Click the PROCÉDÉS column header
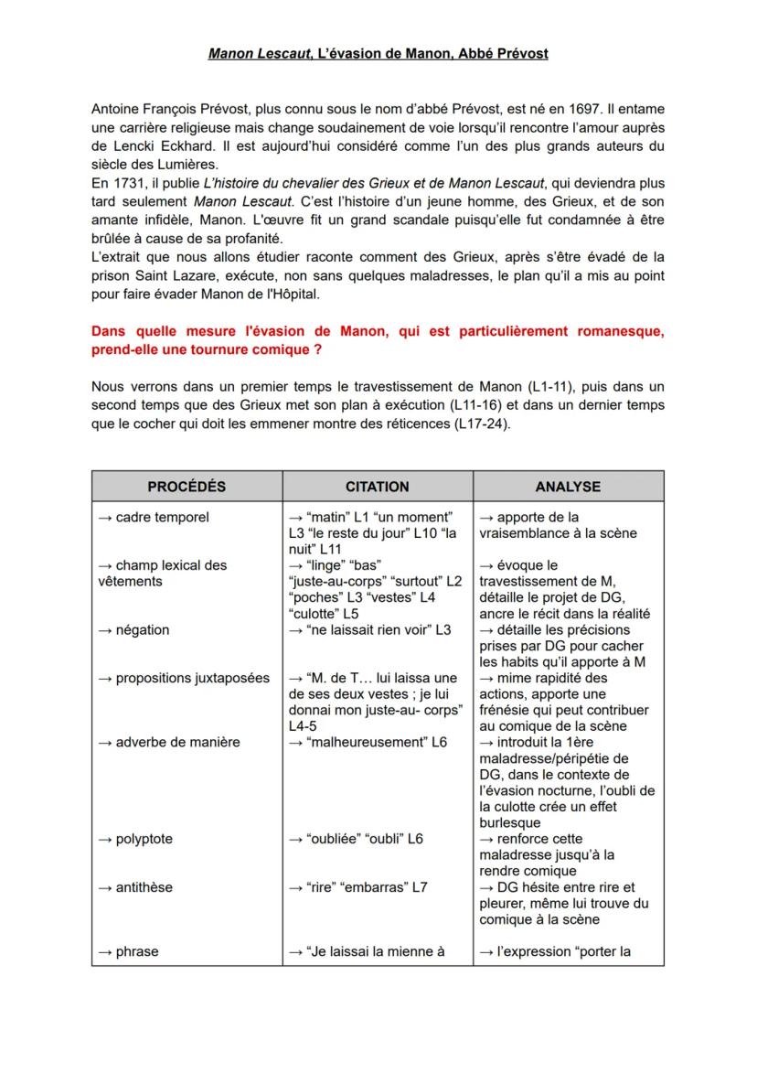click(187, 487)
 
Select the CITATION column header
click(377, 487)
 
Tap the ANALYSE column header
click(568, 487)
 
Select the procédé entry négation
click(142, 630)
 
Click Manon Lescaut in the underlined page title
click(259, 54)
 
